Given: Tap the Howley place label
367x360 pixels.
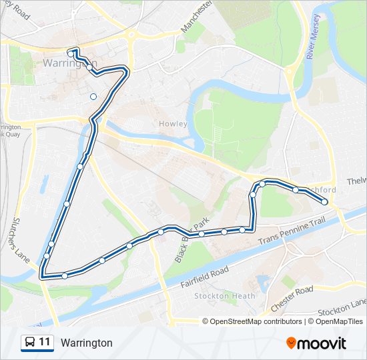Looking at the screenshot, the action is tap(173, 124).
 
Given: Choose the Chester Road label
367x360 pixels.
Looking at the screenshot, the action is tap(292, 299).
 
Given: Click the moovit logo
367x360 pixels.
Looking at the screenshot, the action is tap(316, 343).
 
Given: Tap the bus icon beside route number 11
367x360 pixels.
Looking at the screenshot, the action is tap(30, 343).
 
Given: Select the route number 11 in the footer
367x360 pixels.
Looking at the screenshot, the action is tap(45, 343).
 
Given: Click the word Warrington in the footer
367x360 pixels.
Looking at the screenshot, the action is tap(86, 343).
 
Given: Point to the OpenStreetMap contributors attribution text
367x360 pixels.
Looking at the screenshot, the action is tap(256, 321).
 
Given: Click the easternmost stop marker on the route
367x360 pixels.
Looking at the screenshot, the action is tap(325, 201).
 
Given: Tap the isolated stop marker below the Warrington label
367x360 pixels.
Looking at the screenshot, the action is tap(93, 97).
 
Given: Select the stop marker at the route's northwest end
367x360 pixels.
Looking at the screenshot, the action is tap(70, 53).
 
